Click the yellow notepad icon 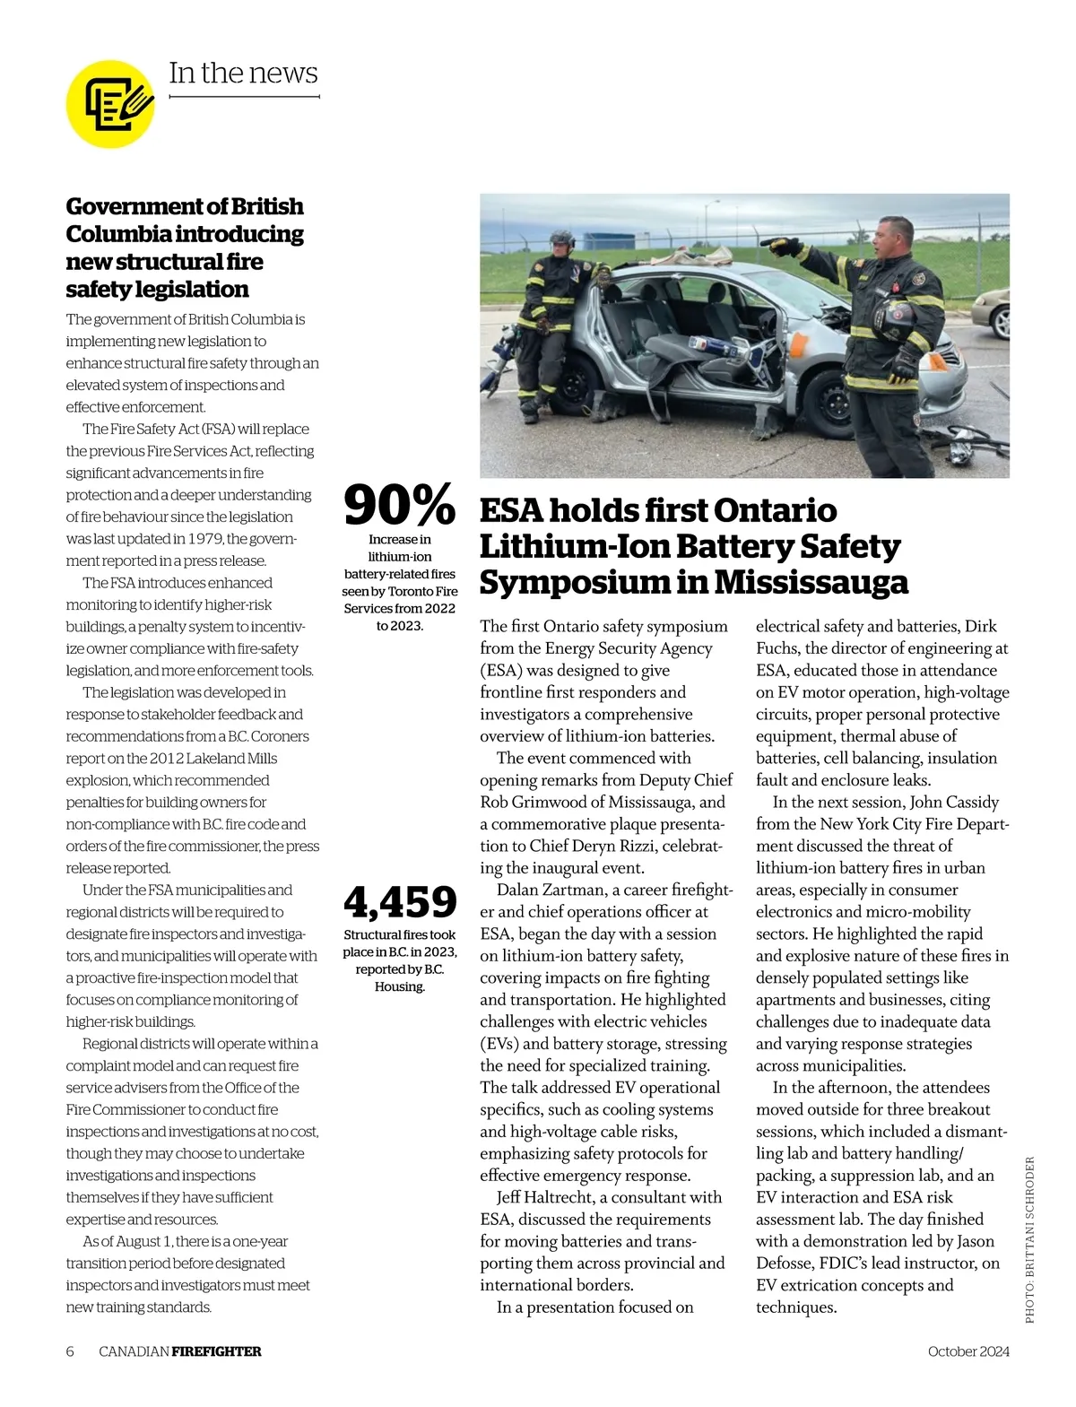pos(110,104)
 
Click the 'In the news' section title pos(243,74)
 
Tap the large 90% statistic pos(399,505)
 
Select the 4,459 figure pos(400,902)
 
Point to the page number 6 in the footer pos(70,1351)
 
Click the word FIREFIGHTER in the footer pos(216,1351)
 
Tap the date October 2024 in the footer pos(968,1351)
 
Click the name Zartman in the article pos(571,890)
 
